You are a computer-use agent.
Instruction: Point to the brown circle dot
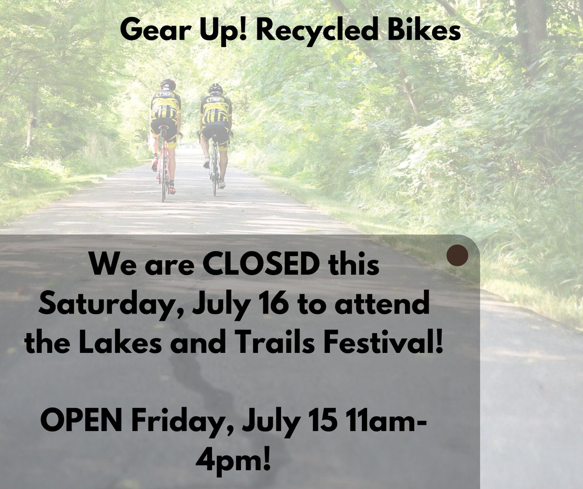tap(457, 256)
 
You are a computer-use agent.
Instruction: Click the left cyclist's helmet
tap(168, 84)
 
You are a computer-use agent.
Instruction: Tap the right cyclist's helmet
tap(215, 88)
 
